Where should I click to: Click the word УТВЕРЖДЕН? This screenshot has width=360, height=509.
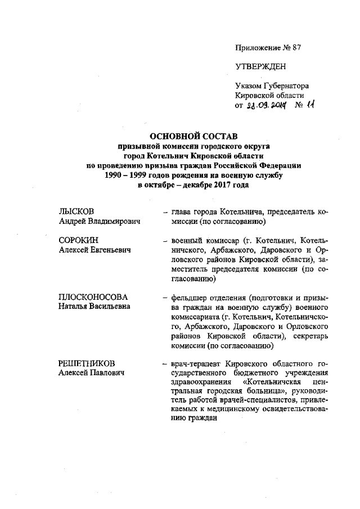(260, 67)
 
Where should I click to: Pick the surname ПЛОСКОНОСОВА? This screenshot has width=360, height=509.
(93, 296)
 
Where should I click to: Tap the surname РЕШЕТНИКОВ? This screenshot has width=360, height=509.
(89, 363)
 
